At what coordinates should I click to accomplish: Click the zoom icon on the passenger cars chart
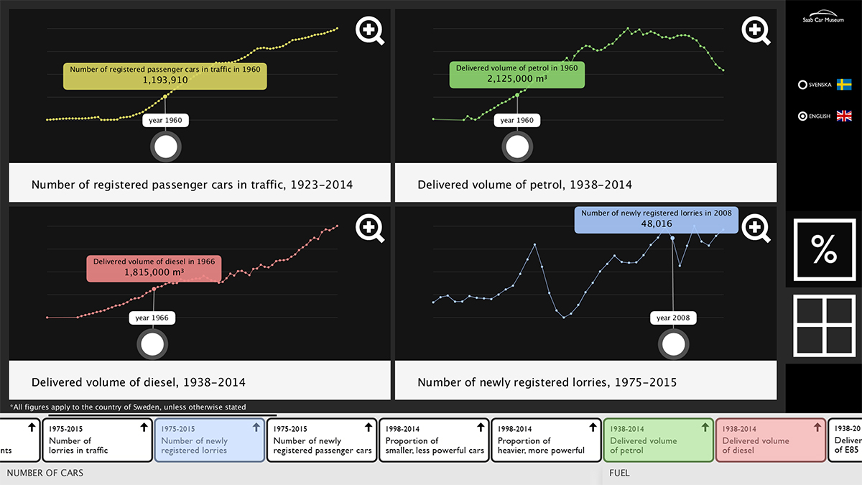(369, 29)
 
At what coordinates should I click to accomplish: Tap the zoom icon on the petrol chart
(754, 29)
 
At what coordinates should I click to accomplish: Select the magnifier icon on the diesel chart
(369, 228)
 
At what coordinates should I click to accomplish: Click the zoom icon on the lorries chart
(754, 228)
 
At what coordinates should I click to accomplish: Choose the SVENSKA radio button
(802, 85)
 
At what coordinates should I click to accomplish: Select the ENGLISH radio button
(802, 116)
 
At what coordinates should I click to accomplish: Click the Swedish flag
(844, 84)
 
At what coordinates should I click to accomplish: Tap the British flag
(844, 116)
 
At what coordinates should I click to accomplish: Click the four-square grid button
(824, 326)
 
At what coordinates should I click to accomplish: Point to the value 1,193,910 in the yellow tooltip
(165, 80)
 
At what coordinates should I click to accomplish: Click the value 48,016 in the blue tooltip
(657, 223)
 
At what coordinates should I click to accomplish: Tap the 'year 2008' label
(673, 318)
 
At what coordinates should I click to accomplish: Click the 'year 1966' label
(152, 318)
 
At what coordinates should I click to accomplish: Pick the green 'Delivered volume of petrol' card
(658, 440)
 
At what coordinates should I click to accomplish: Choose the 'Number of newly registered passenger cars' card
(322, 440)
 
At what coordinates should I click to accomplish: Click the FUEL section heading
(619, 473)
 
